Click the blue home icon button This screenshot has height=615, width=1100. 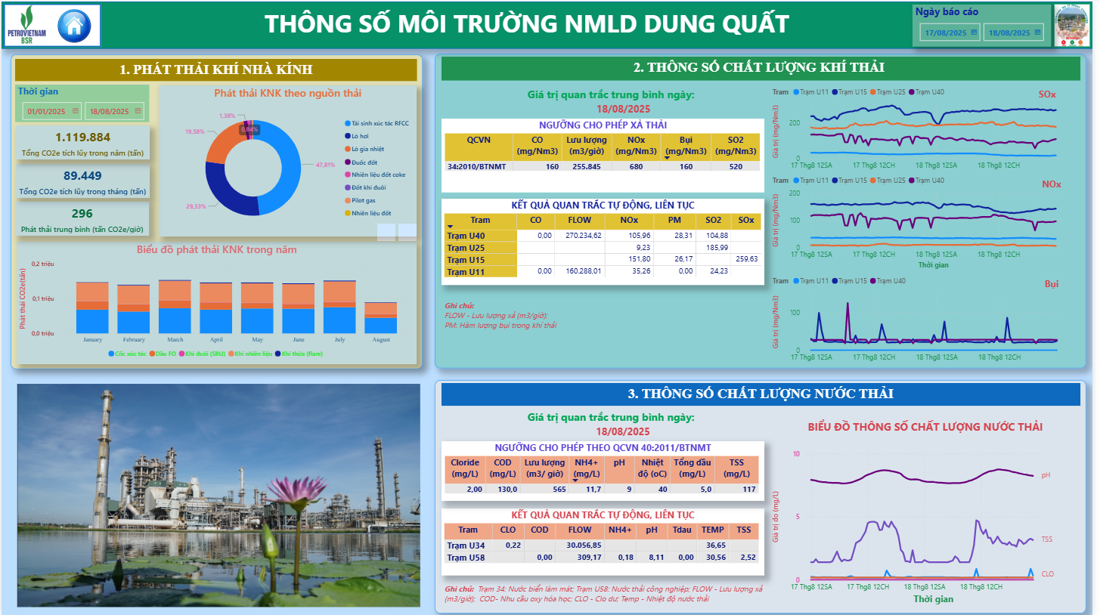click(73, 26)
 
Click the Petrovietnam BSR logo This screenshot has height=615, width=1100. click(27, 26)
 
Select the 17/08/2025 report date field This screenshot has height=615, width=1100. click(946, 32)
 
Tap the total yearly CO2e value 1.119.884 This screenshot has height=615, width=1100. click(83, 137)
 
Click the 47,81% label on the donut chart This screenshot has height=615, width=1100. click(325, 165)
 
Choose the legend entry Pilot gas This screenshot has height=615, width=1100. click(365, 200)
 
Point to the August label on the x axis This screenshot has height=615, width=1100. click(381, 340)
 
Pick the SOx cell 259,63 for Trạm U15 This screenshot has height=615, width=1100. click(746, 259)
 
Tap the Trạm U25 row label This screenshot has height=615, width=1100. click(466, 248)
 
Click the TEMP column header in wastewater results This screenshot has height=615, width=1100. click(712, 530)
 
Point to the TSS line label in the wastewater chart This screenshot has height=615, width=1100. click(1046, 539)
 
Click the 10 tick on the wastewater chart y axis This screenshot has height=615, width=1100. click(796, 453)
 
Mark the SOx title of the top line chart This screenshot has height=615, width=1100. click(1047, 94)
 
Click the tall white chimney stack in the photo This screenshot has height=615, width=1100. click(99, 453)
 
